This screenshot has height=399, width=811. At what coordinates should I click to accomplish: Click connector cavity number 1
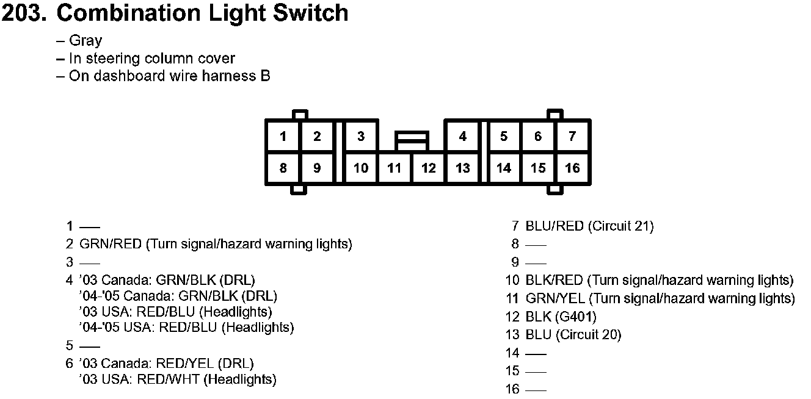[x=283, y=136]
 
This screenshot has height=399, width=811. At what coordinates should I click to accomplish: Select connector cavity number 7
[x=572, y=136]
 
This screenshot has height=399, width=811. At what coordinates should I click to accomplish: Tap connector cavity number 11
[x=395, y=168]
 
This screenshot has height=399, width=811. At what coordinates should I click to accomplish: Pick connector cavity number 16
[x=572, y=168]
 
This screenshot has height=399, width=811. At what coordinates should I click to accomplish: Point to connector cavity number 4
[x=462, y=136]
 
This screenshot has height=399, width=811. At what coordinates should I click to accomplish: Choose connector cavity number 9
[x=317, y=168]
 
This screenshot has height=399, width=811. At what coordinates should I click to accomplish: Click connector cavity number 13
[x=462, y=168]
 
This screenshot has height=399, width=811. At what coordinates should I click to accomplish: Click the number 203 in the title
[x=23, y=13]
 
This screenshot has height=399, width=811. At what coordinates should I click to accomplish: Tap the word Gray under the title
[x=85, y=41]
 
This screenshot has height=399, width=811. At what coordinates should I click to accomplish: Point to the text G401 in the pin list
[x=575, y=317]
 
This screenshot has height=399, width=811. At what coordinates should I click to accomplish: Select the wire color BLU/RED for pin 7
[x=555, y=226]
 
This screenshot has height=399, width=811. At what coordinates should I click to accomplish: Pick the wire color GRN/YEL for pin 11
[x=555, y=299]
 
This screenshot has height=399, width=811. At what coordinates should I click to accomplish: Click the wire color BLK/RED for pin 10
[x=555, y=281]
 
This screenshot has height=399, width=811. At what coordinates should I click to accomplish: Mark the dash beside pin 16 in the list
[x=536, y=389]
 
